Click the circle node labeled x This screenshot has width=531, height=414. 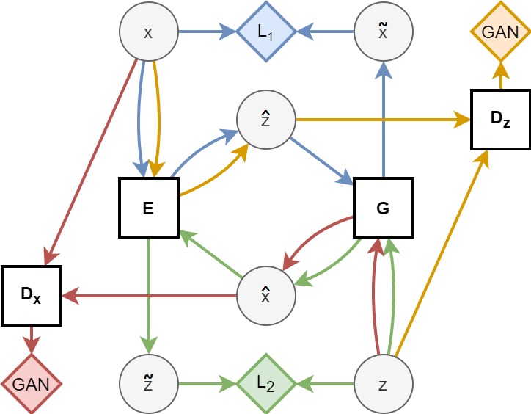click(x=149, y=32)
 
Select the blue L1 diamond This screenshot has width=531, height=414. click(x=265, y=32)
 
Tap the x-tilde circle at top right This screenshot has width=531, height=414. click(x=383, y=32)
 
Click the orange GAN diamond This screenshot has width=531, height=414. click(x=501, y=32)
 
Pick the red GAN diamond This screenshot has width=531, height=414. click(x=31, y=383)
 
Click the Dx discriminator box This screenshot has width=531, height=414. click(x=31, y=295)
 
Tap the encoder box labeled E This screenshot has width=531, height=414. click(x=149, y=208)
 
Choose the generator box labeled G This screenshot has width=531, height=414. click(x=383, y=208)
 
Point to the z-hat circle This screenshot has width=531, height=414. click(x=265, y=119)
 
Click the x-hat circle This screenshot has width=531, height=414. click(x=265, y=295)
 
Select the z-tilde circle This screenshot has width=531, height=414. click(x=149, y=383)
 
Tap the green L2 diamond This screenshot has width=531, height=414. click(x=265, y=383)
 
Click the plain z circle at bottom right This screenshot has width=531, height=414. click(x=383, y=383)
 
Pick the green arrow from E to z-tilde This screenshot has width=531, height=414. click(x=149, y=294)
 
